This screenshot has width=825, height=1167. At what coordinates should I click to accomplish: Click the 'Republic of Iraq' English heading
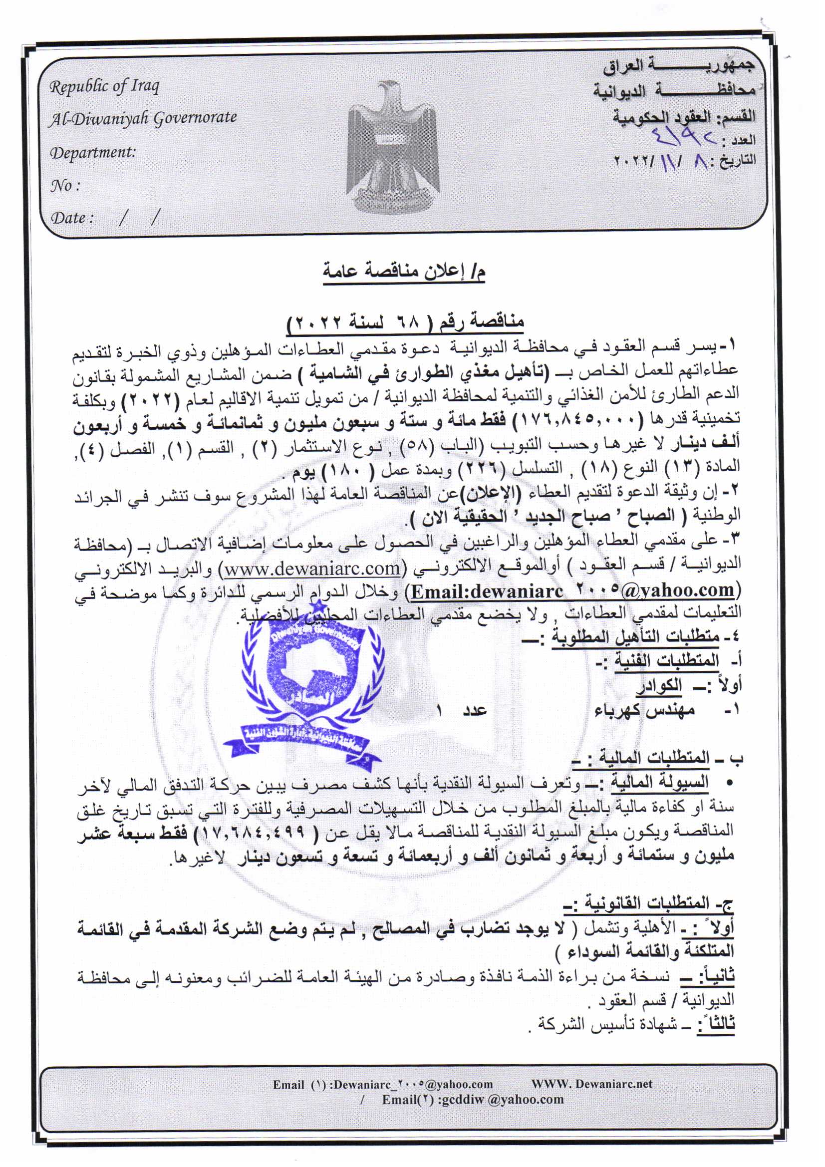(104, 87)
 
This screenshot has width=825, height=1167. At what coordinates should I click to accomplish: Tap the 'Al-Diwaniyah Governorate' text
(143, 118)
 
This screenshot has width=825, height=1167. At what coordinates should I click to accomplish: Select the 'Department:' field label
(92, 152)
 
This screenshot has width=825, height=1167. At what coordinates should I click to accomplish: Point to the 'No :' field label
(65, 186)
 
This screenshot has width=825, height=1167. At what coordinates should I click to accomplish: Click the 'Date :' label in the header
(72, 218)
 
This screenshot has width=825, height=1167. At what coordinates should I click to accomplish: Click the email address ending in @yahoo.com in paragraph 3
(572, 590)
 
